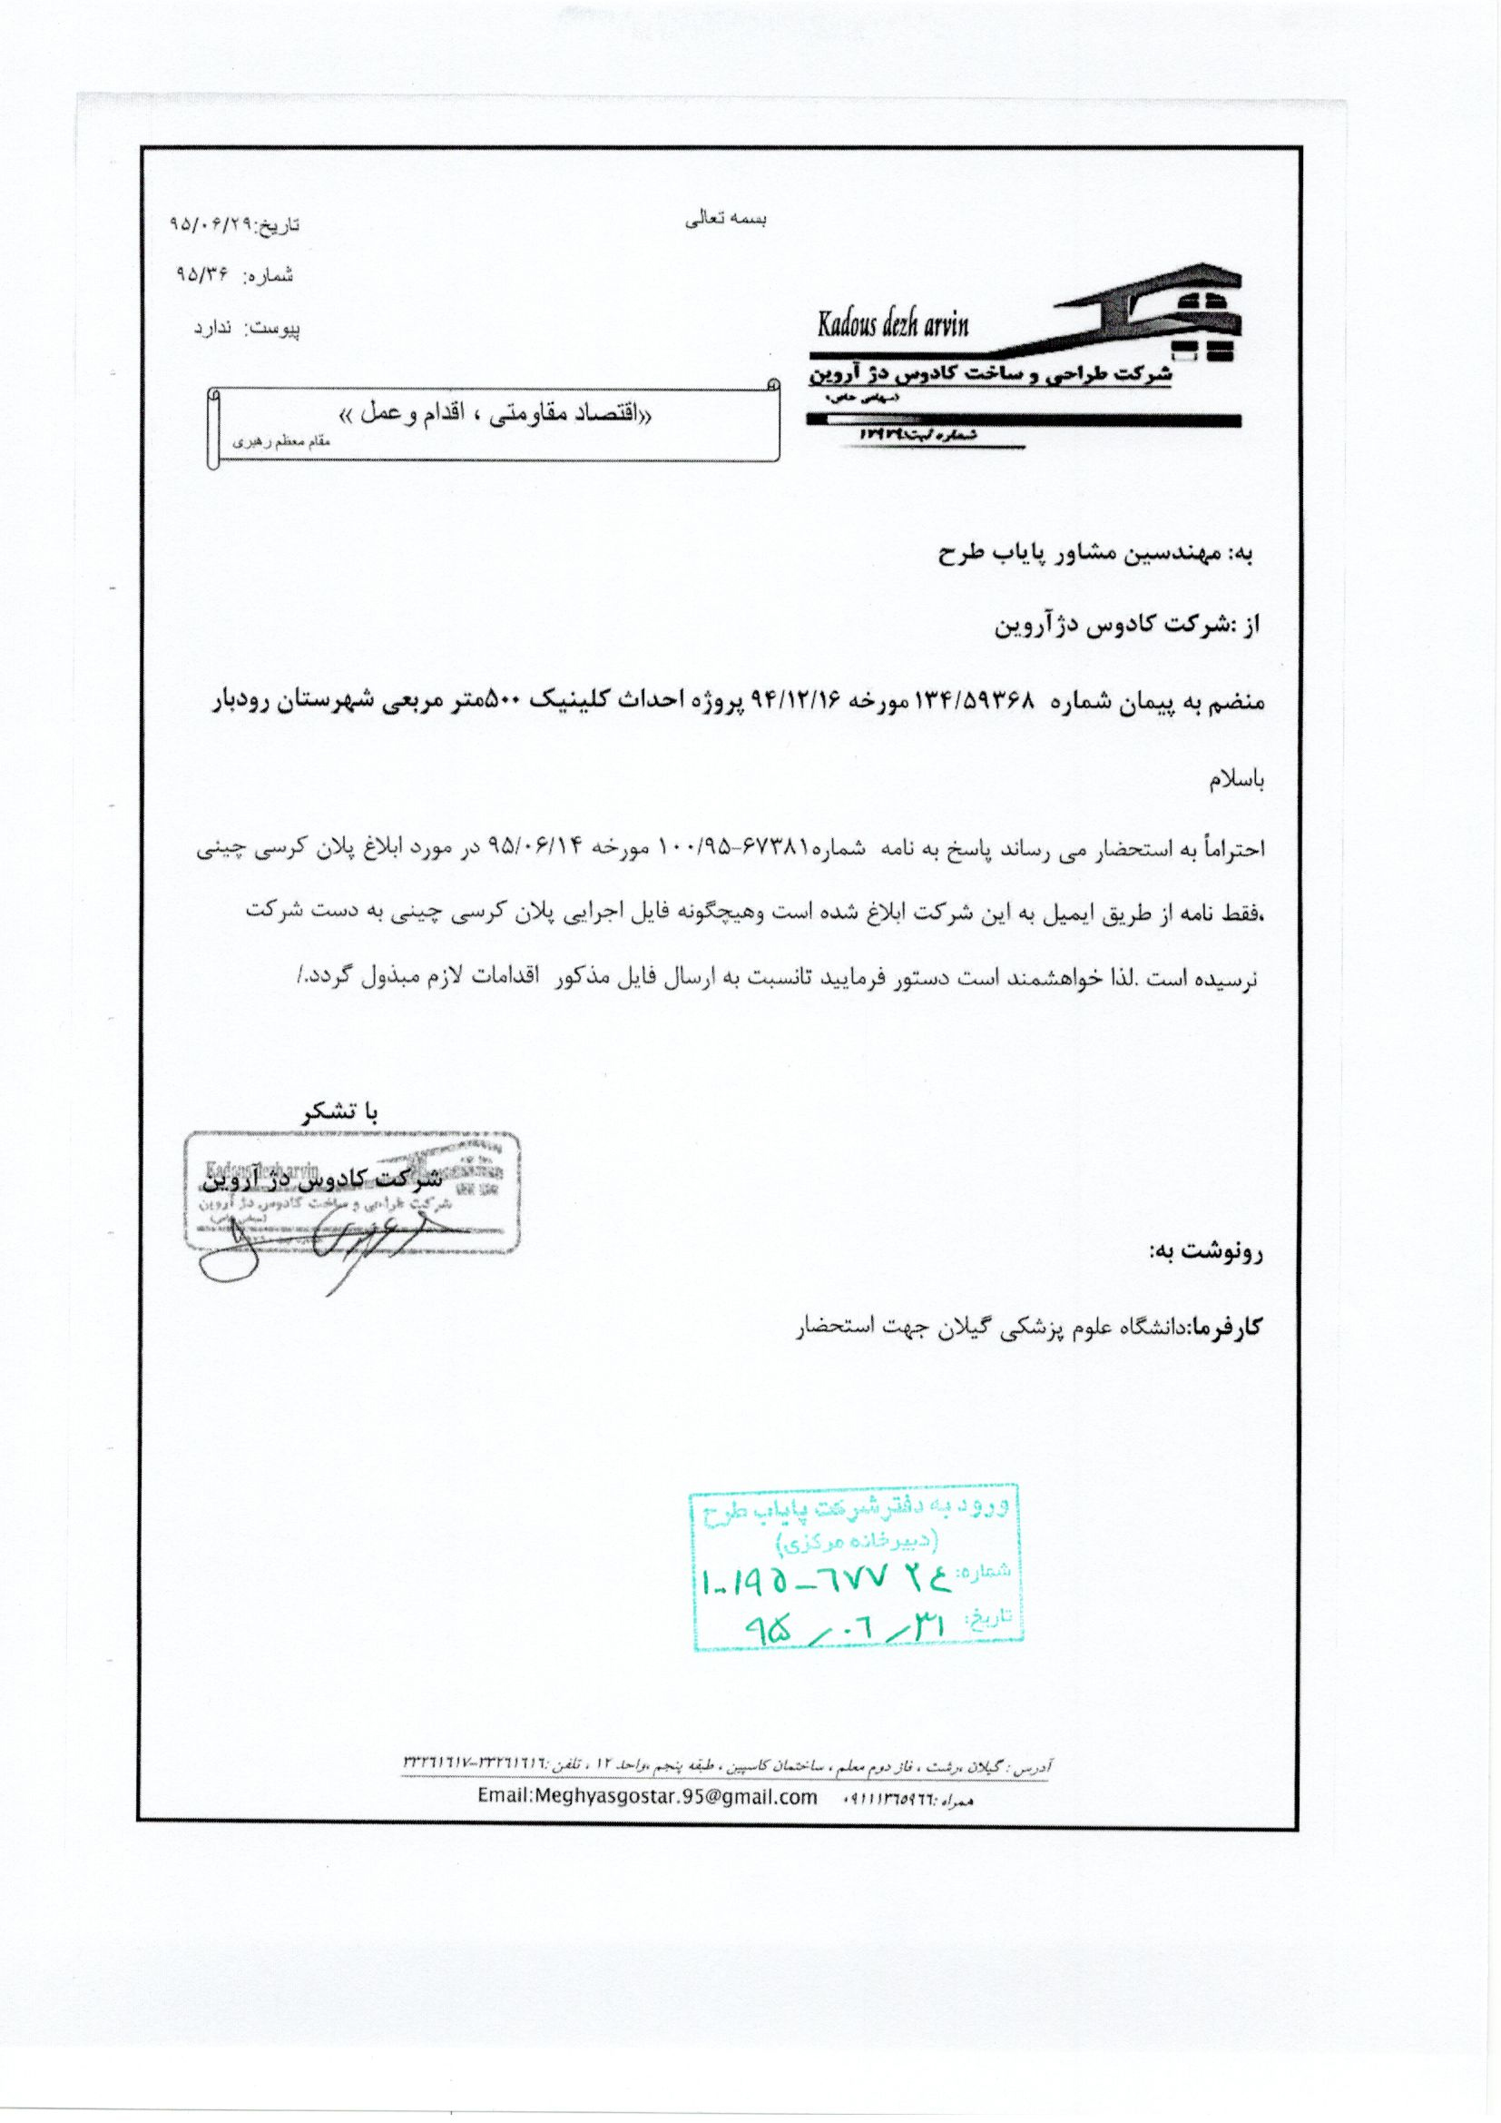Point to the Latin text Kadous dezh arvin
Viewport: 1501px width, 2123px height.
click(x=892, y=325)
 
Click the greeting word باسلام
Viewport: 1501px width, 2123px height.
click(x=1236, y=781)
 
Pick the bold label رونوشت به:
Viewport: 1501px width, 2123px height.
click(x=1205, y=1252)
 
